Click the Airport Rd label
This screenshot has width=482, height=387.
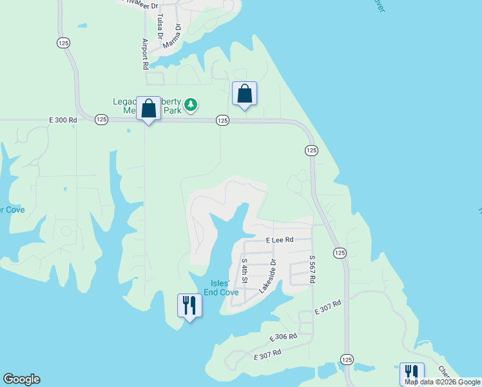(x=145, y=54)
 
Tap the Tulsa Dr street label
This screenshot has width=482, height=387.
(x=159, y=26)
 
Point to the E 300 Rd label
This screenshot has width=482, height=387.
(x=63, y=119)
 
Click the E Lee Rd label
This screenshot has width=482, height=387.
(x=280, y=239)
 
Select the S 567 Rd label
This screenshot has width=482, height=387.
(x=312, y=267)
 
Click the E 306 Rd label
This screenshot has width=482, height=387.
(x=283, y=337)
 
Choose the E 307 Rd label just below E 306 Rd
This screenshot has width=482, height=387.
(x=268, y=354)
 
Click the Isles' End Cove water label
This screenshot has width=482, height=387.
(x=221, y=288)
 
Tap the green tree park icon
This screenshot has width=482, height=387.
(x=190, y=104)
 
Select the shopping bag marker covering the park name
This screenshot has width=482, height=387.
(x=149, y=109)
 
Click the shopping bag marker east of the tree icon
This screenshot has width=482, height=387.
(x=244, y=94)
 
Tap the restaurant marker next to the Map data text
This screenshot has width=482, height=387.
(x=411, y=373)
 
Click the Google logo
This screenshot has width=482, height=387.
(x=21, y=379)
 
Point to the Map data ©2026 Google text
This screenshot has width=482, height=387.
(x=443, y=382)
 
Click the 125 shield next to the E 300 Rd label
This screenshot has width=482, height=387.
(x=101, y=119)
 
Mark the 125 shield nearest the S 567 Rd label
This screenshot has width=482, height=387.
(x=339, y=253)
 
